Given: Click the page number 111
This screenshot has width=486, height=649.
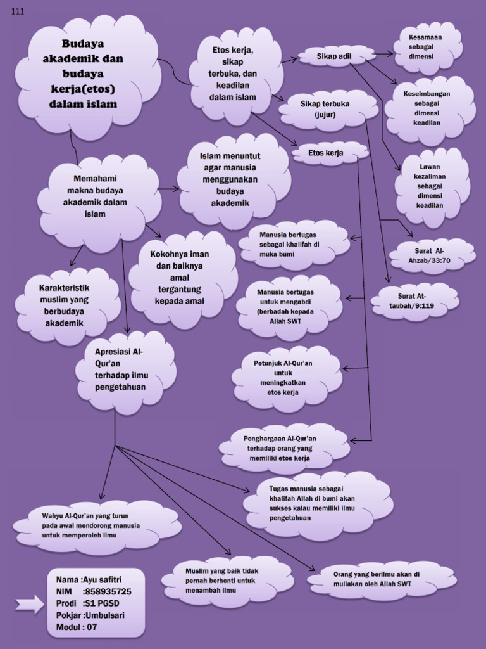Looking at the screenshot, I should point(18,11).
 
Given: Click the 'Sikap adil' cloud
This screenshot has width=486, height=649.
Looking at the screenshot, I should point(335,56).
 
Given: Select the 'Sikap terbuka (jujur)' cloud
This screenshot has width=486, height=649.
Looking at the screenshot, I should point(325,109).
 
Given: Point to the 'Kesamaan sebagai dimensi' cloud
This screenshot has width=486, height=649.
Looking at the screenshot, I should point(427,47).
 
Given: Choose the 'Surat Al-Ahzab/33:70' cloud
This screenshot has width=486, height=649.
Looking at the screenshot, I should point(431,255).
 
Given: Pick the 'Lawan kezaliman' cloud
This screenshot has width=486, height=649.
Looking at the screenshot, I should point(431,186).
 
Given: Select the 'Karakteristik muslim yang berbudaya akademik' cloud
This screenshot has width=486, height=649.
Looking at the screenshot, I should point(65,305).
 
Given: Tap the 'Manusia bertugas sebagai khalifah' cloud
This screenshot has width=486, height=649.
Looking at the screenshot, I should point(292,245).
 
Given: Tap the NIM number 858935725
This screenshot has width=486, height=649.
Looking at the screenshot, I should point(107,591).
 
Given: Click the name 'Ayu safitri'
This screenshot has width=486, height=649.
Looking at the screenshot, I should point(103,579).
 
